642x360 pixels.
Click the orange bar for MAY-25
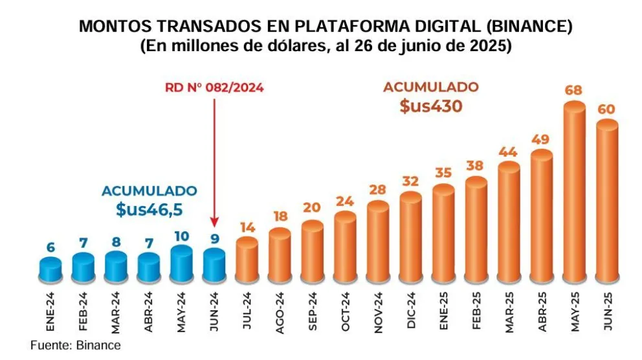click(574, 194)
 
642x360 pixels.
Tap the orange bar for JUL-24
click(247, 259)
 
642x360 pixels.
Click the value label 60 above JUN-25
click(607, 107)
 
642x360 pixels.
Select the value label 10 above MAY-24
click(181, 236)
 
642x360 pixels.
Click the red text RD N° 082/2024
click(214, 88)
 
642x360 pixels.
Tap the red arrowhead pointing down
click(214, 223)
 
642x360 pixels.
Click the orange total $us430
click(430, 106)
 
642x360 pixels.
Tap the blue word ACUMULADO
click(148, 191)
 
